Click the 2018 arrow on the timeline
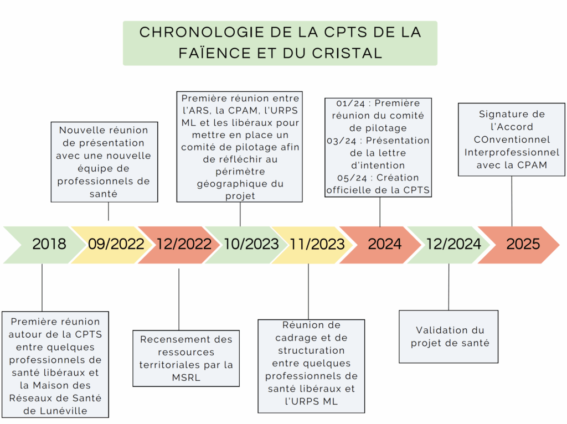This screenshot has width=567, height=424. (43, 245)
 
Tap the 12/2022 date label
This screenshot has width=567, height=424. (184, 244)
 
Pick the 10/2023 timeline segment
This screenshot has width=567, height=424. (245, 245)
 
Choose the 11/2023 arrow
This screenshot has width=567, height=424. (312, 245)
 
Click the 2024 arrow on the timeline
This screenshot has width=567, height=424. (380, 245)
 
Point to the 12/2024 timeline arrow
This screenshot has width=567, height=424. (449, 245)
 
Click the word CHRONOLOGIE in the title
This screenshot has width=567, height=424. (202, 32)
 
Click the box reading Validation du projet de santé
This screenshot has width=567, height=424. (449, 337)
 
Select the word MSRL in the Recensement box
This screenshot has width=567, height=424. (186, 378)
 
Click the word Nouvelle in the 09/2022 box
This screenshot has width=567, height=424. (78, 130)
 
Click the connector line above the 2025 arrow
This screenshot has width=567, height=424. (512, 201)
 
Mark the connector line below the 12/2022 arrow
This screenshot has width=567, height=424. (179, 299)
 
